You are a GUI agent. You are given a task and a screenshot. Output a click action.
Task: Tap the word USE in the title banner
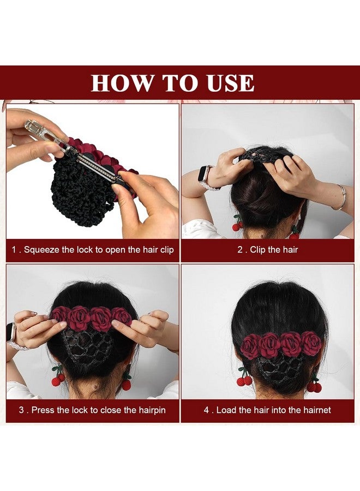230,83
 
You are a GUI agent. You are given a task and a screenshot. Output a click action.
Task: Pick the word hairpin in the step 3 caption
148,410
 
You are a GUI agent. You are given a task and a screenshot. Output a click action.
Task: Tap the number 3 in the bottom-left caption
21,410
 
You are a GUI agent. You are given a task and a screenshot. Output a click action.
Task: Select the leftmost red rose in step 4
251,345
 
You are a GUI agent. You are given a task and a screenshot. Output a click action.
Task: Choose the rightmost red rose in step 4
312,343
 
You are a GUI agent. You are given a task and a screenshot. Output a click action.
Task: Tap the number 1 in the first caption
14,250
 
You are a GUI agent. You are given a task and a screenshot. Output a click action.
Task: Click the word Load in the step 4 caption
225,410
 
